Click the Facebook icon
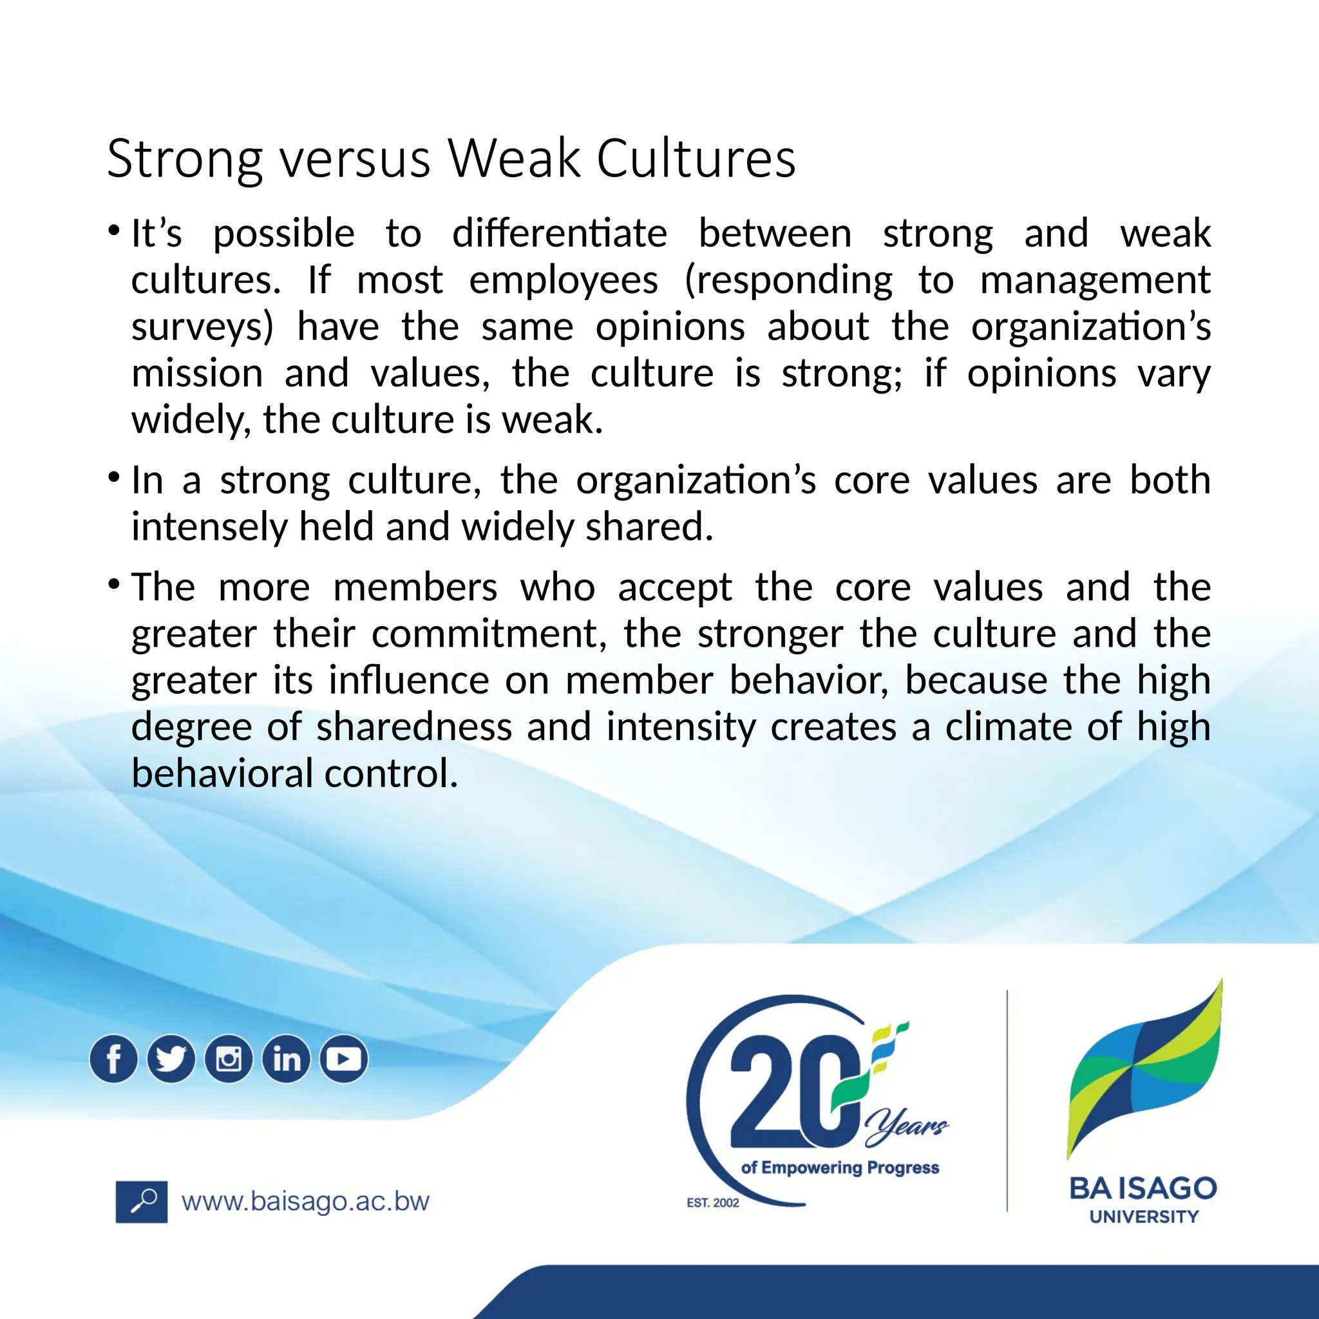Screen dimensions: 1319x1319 coord(113,1059)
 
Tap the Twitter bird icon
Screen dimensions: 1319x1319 coord(171,1059)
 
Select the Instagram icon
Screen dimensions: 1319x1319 coord(229,1059)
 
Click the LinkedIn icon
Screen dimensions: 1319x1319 coord(286,1059)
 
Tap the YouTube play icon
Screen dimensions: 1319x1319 coord(343,1059)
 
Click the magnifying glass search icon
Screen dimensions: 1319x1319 coord(141,1202)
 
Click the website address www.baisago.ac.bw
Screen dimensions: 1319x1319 coord(305,1202)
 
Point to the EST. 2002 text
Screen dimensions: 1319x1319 coord(713,1203)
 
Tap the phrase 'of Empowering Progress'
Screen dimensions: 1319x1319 coord(840,1168)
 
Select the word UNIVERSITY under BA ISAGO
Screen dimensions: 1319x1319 coord(1144,1217)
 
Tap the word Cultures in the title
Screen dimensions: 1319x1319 coord(696,158)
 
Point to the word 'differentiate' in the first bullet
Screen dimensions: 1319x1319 coord(559,234)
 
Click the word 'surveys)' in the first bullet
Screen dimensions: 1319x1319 coord(202,327)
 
